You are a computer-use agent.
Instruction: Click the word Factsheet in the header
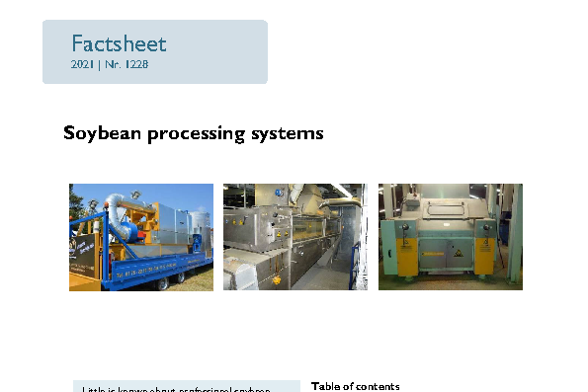[119, 44]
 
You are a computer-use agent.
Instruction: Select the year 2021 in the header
[83, 64]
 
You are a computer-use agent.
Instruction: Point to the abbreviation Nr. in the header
[113, 64]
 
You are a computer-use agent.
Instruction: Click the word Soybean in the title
[103, 132]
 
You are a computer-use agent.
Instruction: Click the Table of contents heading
[356, 386]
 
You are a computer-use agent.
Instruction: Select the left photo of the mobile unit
[141, 237]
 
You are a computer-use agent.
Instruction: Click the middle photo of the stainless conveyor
[294, 237]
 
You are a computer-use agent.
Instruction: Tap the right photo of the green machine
[450, 237]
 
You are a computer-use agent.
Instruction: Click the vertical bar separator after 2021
[99, 64]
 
